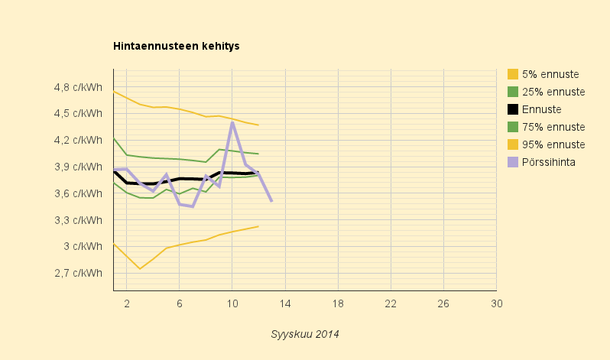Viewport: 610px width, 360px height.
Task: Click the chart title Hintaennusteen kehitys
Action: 177,46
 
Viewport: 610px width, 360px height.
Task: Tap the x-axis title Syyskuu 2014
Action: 304,334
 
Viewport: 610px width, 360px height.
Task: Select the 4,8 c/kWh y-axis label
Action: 78,87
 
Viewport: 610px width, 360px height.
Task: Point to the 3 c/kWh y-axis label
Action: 83,246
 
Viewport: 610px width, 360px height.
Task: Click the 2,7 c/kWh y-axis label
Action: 78,273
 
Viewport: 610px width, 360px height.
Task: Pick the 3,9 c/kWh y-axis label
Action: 78,167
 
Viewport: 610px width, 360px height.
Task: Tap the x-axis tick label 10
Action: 232,303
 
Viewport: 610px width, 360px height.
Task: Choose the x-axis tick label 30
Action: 496,303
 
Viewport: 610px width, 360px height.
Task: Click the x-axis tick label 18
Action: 338,303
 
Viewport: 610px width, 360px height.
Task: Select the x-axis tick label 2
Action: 127,303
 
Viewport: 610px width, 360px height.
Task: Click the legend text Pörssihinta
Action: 549,162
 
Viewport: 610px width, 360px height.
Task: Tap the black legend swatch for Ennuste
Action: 513,109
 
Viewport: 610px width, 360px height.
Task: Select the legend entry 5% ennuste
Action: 543,74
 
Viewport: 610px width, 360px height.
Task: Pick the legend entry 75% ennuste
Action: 547,127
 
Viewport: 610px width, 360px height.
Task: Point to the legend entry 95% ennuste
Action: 547,144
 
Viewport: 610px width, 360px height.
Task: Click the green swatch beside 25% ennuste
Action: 513,92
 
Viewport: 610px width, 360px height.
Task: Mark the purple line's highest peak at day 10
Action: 232,122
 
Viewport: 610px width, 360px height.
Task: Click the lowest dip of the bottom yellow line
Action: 140,268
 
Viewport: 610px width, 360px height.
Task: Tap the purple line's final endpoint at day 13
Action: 271,201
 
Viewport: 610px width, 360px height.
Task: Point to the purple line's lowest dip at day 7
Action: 193,206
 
